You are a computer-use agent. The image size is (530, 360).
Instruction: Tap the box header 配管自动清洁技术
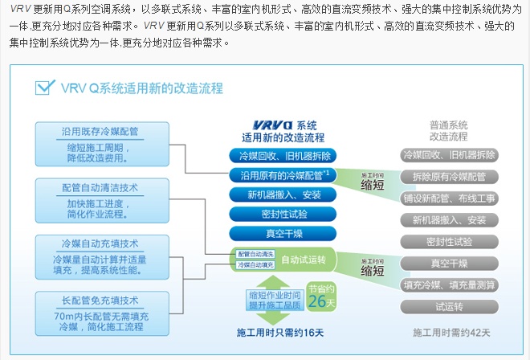(x=89, y=187)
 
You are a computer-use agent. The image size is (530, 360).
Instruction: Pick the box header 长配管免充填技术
(x=89, y=301)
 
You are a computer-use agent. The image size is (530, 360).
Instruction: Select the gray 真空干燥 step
(x=449, y=263)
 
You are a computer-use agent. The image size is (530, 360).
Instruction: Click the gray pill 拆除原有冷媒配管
(x=449, y=177)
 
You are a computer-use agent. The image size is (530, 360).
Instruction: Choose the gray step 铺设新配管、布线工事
(x=449, y=198)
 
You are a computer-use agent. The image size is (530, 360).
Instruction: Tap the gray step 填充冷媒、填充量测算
(x=449, y=284)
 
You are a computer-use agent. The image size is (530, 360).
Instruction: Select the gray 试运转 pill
(x=449, y=306)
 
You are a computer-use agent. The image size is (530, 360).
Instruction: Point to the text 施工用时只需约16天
(x=280, y=332)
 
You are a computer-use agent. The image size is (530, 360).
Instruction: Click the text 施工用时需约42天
(x=450, y=332)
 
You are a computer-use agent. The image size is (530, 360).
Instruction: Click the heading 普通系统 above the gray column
(x=449, y=125)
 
